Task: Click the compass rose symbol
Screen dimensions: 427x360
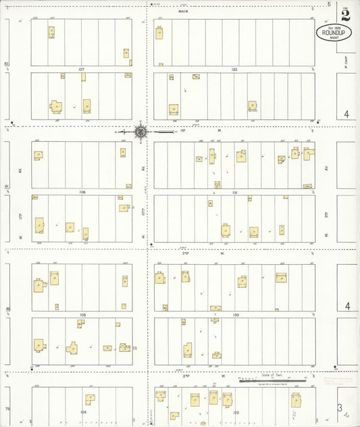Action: tap(140, 132)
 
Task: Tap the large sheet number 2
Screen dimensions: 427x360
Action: tap(346, 14)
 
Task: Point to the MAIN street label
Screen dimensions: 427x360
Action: tap(183, 11)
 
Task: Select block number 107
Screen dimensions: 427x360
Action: tap(81, 69)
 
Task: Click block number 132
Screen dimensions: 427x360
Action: tap(234, 69)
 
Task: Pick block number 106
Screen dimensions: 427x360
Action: tap(82, 192)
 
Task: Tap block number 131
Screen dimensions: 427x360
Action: tap(234, 192)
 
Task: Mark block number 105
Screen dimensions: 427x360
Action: tap(82, 315)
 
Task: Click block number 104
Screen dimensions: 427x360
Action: tap(83, 411)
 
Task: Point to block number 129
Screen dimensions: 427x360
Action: tap(236, 411)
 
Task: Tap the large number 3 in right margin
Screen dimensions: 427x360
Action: tap(341, 407)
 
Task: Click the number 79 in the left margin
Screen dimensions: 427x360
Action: tap(7, 409)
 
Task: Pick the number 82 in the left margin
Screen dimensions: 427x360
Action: tap(7, 64)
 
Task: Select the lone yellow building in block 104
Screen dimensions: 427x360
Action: tap(89, 400)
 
